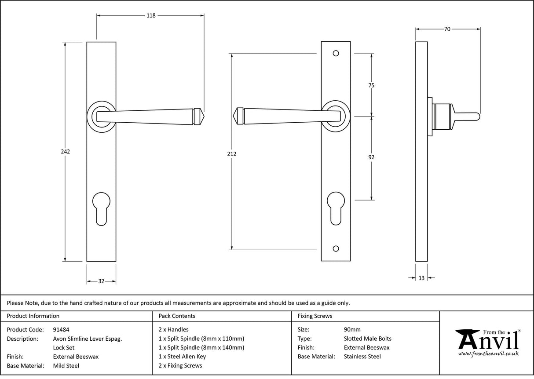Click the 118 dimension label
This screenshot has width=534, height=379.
(151, 15)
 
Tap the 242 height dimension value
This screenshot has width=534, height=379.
(66, 152)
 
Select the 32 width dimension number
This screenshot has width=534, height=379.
(101, 281)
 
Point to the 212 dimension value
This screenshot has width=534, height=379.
(232, 154)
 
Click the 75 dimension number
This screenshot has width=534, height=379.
(371, 86)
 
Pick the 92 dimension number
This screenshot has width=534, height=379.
(371, 157)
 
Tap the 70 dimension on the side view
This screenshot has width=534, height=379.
(447, 29)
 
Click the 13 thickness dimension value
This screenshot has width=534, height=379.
(421, 278)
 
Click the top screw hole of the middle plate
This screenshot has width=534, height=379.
(336, 54)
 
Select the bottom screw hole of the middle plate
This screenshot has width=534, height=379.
(336, 249)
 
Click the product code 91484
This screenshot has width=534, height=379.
(61, 329)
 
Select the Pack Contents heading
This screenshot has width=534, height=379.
(177, 316)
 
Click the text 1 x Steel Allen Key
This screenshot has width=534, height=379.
(182, 357)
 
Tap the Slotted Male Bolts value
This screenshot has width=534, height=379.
(367, 339)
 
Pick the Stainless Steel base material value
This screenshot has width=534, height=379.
(362, 357)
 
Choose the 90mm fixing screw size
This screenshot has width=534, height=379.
(352, 329)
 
